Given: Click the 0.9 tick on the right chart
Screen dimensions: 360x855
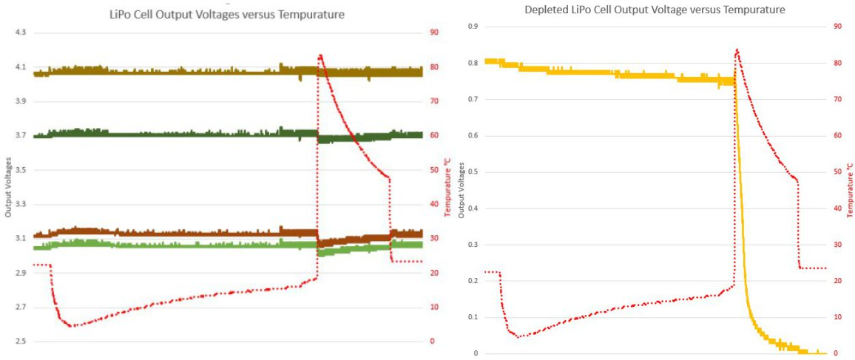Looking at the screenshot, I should click(x=473, y=27).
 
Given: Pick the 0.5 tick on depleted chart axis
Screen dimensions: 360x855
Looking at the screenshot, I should click(x=473, y=171).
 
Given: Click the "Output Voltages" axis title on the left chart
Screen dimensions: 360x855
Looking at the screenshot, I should click(x=7, y=186).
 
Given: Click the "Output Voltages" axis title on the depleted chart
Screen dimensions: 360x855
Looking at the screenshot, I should click(x=462, y=190).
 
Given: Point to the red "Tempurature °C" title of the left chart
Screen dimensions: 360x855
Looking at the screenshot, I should click(x=447, y=186).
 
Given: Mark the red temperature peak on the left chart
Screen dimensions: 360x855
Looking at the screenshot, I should click(x=320, y=55).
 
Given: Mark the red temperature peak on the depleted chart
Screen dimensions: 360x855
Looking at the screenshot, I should click(x=737, y=50).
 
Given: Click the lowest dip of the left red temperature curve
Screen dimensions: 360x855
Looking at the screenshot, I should click(x=71, y=325).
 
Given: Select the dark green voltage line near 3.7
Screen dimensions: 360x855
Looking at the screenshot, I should click(x=185, y=135).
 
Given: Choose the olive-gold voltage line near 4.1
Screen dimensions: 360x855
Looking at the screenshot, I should click(x=185, y=71).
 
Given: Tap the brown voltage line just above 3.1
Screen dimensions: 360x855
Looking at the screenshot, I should click(x=185, y=234).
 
